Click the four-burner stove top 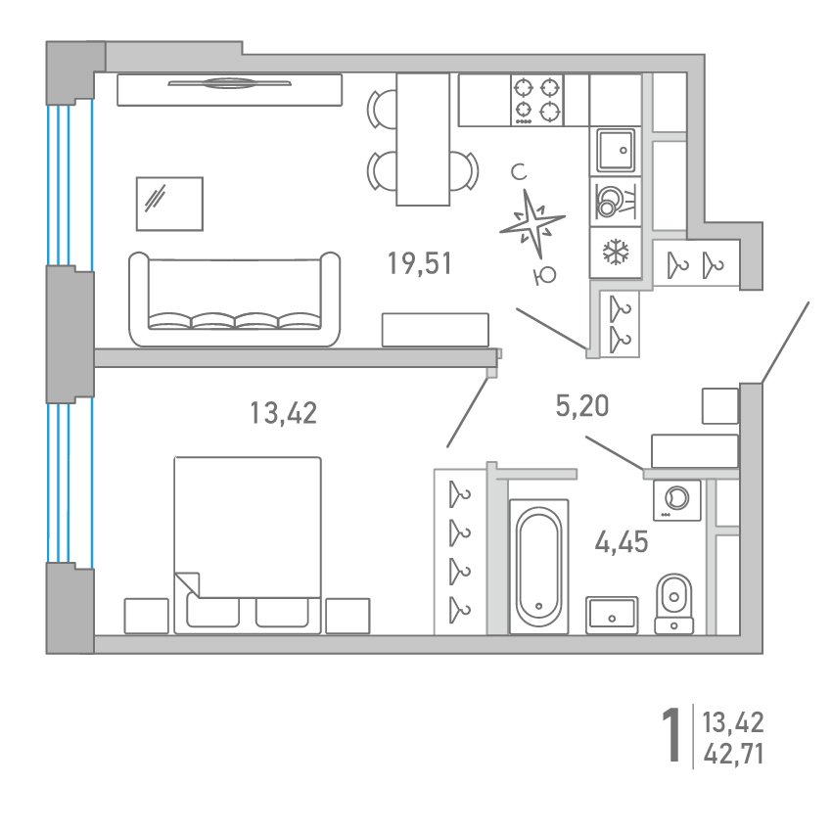point(537,100)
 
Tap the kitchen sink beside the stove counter point(616,150)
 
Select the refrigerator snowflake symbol point(616,252)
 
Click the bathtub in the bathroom point(538,566)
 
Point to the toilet point(673,604)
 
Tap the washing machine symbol point(677,500)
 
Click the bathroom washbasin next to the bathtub point(612,615)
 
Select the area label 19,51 point(420,263)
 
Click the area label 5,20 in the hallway point(582,406)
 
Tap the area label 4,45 point(622,542)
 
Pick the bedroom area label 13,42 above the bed point(283,413)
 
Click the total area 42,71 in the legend point(734,754)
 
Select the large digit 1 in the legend point(671,736)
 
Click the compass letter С point(519,172)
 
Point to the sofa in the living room point(235,299)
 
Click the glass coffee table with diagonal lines point(169,204)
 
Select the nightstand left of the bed point(147,616)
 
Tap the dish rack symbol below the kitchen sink point(616,202)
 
